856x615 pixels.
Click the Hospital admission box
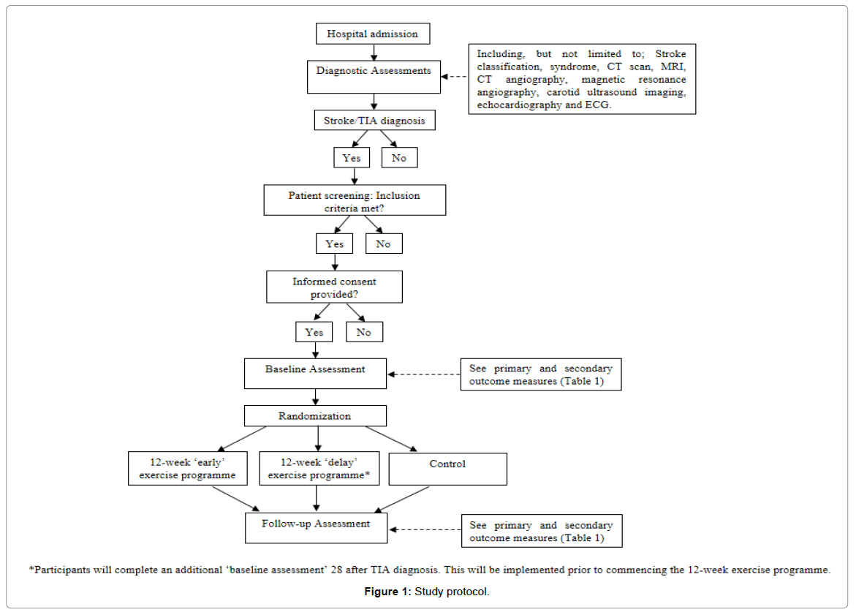(x=373, y=34)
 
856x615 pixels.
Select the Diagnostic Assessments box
(x=374, y=77)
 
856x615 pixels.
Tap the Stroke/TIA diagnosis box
(x=374, y=120)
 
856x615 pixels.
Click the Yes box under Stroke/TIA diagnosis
(x=352, y=158)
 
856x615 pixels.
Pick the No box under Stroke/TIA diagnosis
(x=399, y=158)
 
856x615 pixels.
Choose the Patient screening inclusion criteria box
(x=355, y=200)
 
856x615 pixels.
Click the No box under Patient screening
(x=384, y=244)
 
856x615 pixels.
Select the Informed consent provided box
(x=334, y=287)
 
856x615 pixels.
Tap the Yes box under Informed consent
(x=314, y=332)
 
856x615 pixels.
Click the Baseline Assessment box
(x=316, y=374)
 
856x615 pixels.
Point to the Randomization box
(x=316, y=415)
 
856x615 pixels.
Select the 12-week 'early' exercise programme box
(x=188, y=468)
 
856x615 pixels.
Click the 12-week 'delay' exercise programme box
(x=319, y=468)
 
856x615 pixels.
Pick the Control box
(x=447, y=469)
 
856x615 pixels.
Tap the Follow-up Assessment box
(x=316, y=527)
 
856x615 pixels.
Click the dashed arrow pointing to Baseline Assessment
(x=424, y=374)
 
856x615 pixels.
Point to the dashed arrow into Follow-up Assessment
(x=425, y=529)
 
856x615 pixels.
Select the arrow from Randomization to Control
(x=391, y=439)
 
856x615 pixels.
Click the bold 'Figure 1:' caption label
(x=387, y=592)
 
